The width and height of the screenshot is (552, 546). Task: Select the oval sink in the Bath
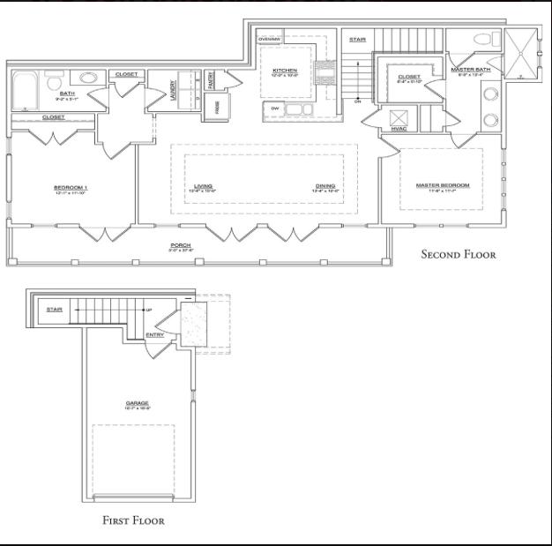point(89,78)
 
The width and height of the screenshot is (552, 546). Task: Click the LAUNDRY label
point(174,91)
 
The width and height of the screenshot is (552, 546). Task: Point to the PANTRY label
point(212,81)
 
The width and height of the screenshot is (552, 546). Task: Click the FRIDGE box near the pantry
point(217,107)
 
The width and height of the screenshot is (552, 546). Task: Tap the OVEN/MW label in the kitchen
point(269,40)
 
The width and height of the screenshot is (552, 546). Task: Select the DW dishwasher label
point(275,108)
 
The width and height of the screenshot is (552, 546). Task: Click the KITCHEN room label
point(285,70)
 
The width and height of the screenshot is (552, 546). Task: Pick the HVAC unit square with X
point(398,117)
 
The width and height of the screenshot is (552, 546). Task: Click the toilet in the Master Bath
point(482,41)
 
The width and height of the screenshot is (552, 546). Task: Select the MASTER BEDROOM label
point(443,185)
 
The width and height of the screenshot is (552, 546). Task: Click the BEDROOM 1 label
point(71,187)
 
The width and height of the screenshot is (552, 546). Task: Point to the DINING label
point(325,186)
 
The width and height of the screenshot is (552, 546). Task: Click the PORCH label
point(181,245)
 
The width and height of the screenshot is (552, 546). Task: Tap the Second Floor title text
point(458,255)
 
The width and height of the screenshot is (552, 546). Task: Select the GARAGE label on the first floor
point(138,403)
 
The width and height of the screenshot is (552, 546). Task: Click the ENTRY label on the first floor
point(154,335)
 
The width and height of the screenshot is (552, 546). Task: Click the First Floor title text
point(133,520)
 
